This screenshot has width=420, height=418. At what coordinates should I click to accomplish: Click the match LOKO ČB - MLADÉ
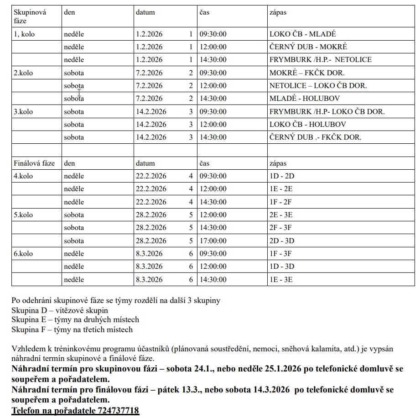302,34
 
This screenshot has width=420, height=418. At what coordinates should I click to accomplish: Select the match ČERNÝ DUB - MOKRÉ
308,47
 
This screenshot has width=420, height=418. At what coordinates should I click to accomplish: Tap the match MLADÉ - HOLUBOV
304,99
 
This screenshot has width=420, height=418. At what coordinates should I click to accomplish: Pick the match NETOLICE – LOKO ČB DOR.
318,86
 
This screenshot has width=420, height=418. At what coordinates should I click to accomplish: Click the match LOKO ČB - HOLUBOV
307,125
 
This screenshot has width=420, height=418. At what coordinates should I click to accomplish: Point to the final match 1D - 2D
282,176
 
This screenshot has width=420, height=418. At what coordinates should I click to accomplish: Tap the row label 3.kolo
23,112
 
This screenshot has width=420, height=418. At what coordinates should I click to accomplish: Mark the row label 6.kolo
23,254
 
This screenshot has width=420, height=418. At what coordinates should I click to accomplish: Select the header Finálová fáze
34,163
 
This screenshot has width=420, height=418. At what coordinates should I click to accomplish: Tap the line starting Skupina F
72,329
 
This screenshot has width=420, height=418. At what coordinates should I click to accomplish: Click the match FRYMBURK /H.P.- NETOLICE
320,60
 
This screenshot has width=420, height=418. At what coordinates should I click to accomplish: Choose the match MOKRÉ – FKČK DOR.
307,73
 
